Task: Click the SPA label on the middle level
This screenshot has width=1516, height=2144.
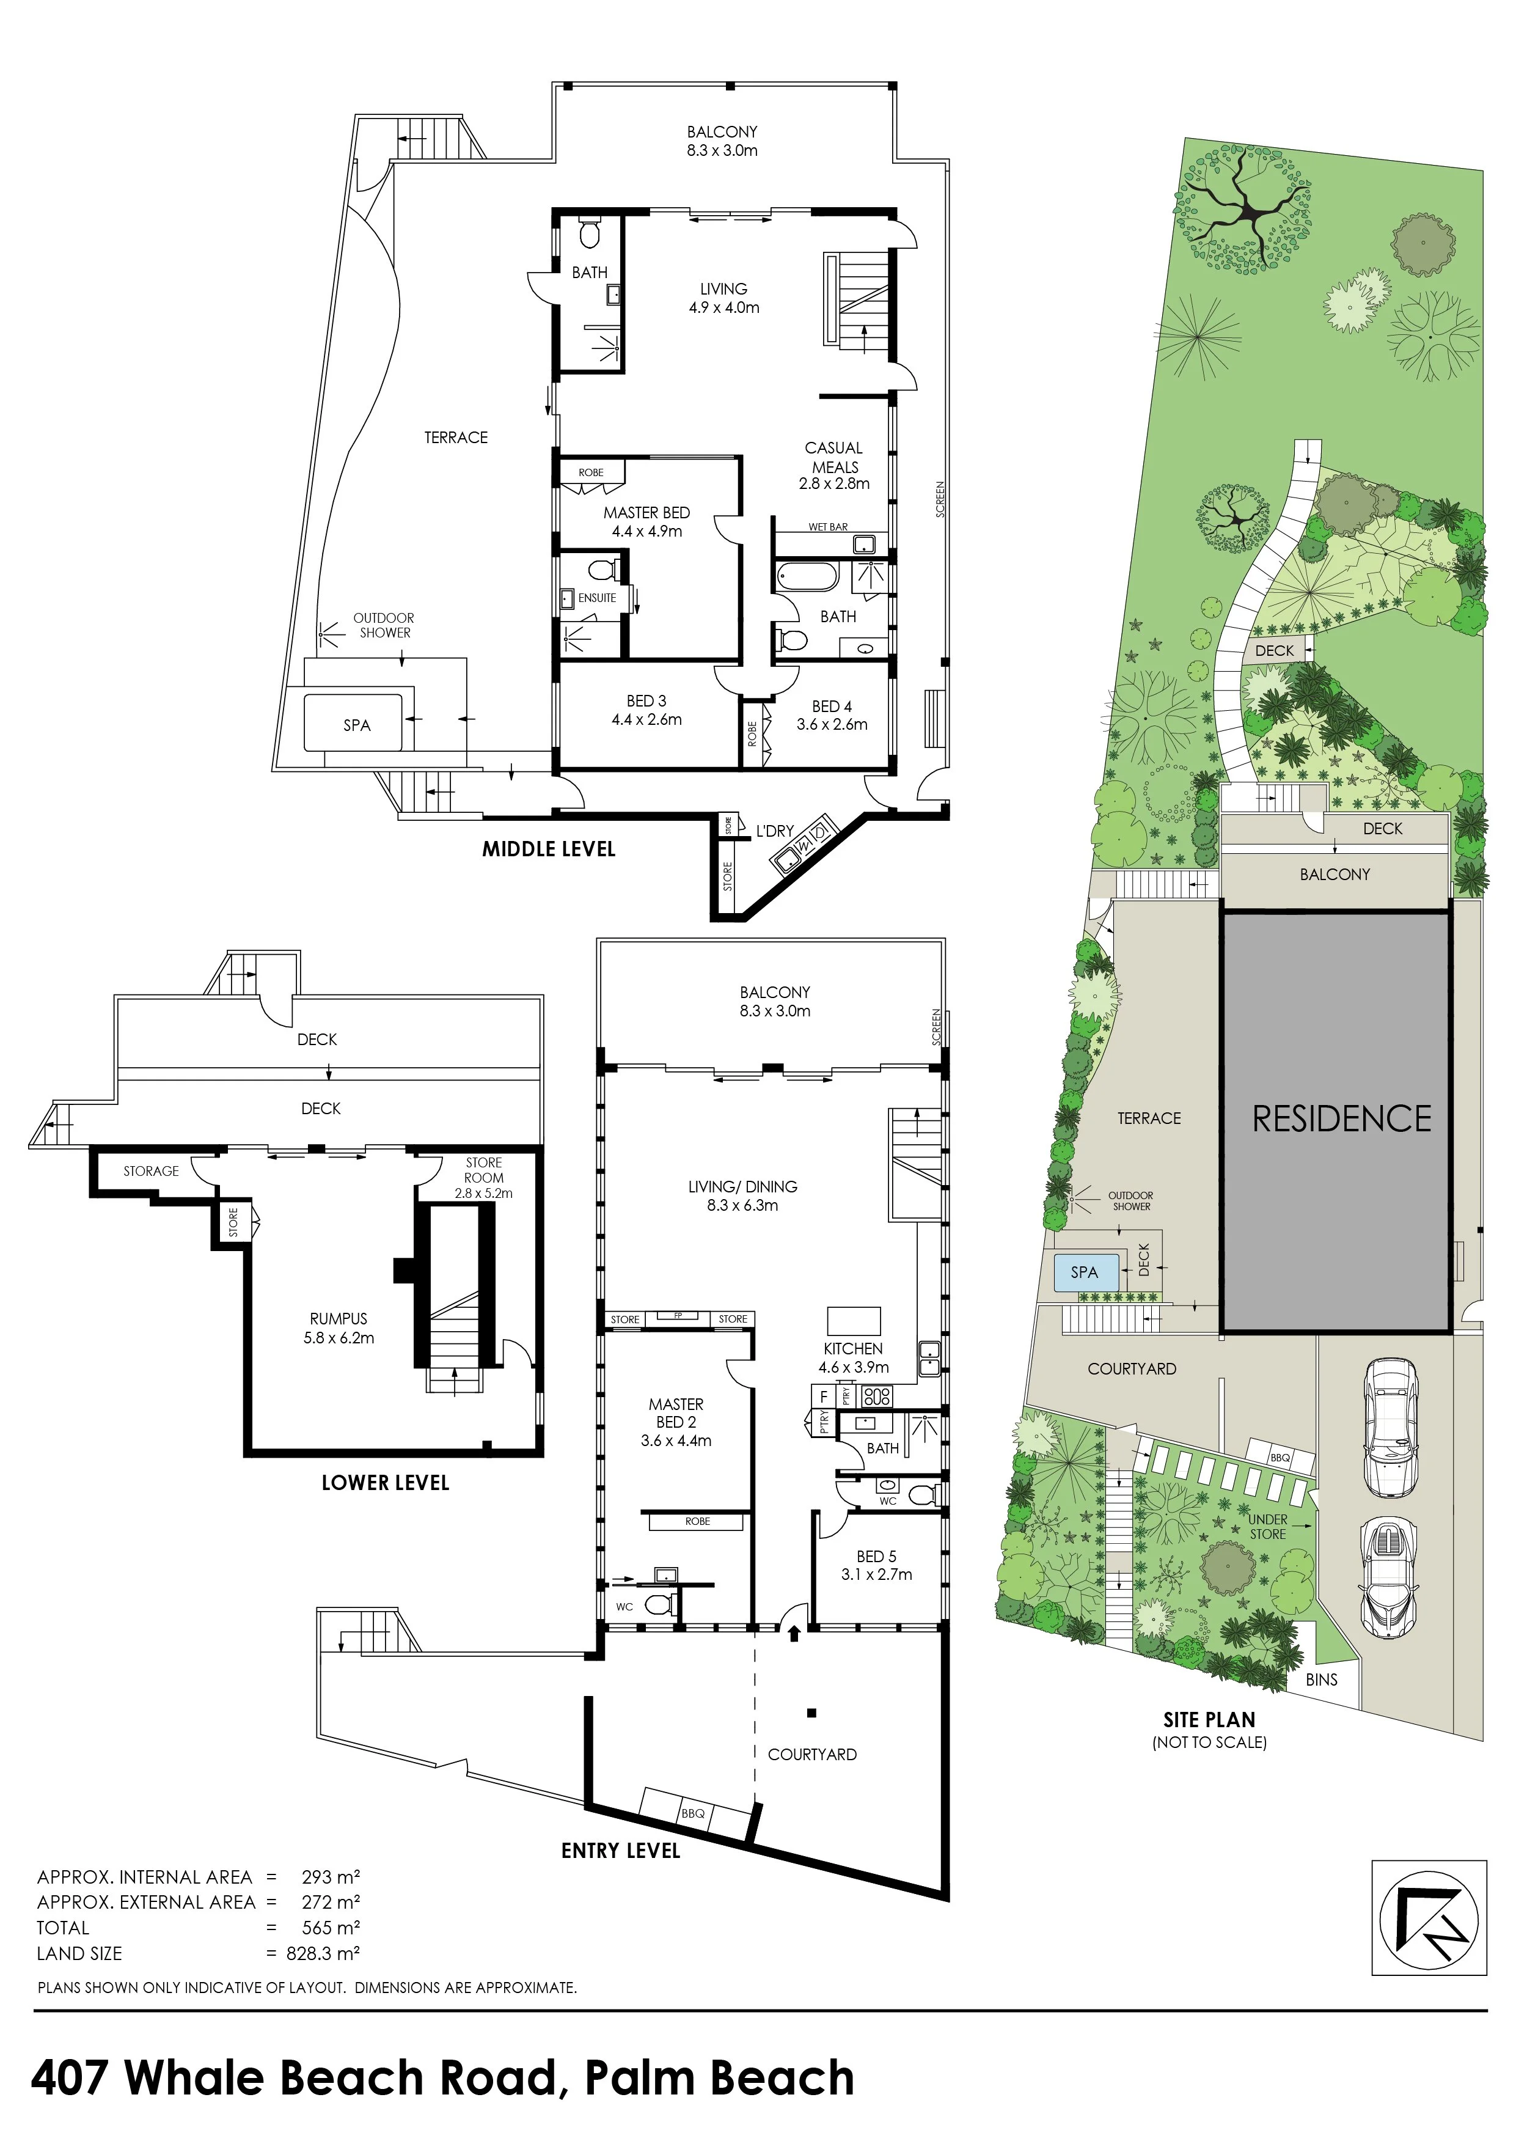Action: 357,725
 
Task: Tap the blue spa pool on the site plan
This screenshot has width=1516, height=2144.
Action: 1084,1272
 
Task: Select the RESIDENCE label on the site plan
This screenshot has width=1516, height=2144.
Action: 1341,1118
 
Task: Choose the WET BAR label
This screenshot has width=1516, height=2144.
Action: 828,527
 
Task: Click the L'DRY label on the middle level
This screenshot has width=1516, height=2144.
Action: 775,830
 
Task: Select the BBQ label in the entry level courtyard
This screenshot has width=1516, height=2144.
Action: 693,1813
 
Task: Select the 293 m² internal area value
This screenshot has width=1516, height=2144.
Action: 331,1876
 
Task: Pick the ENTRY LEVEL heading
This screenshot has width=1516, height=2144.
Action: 621,1850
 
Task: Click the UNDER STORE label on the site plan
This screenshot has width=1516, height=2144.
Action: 1268,1527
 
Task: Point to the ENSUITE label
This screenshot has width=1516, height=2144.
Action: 598,598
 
